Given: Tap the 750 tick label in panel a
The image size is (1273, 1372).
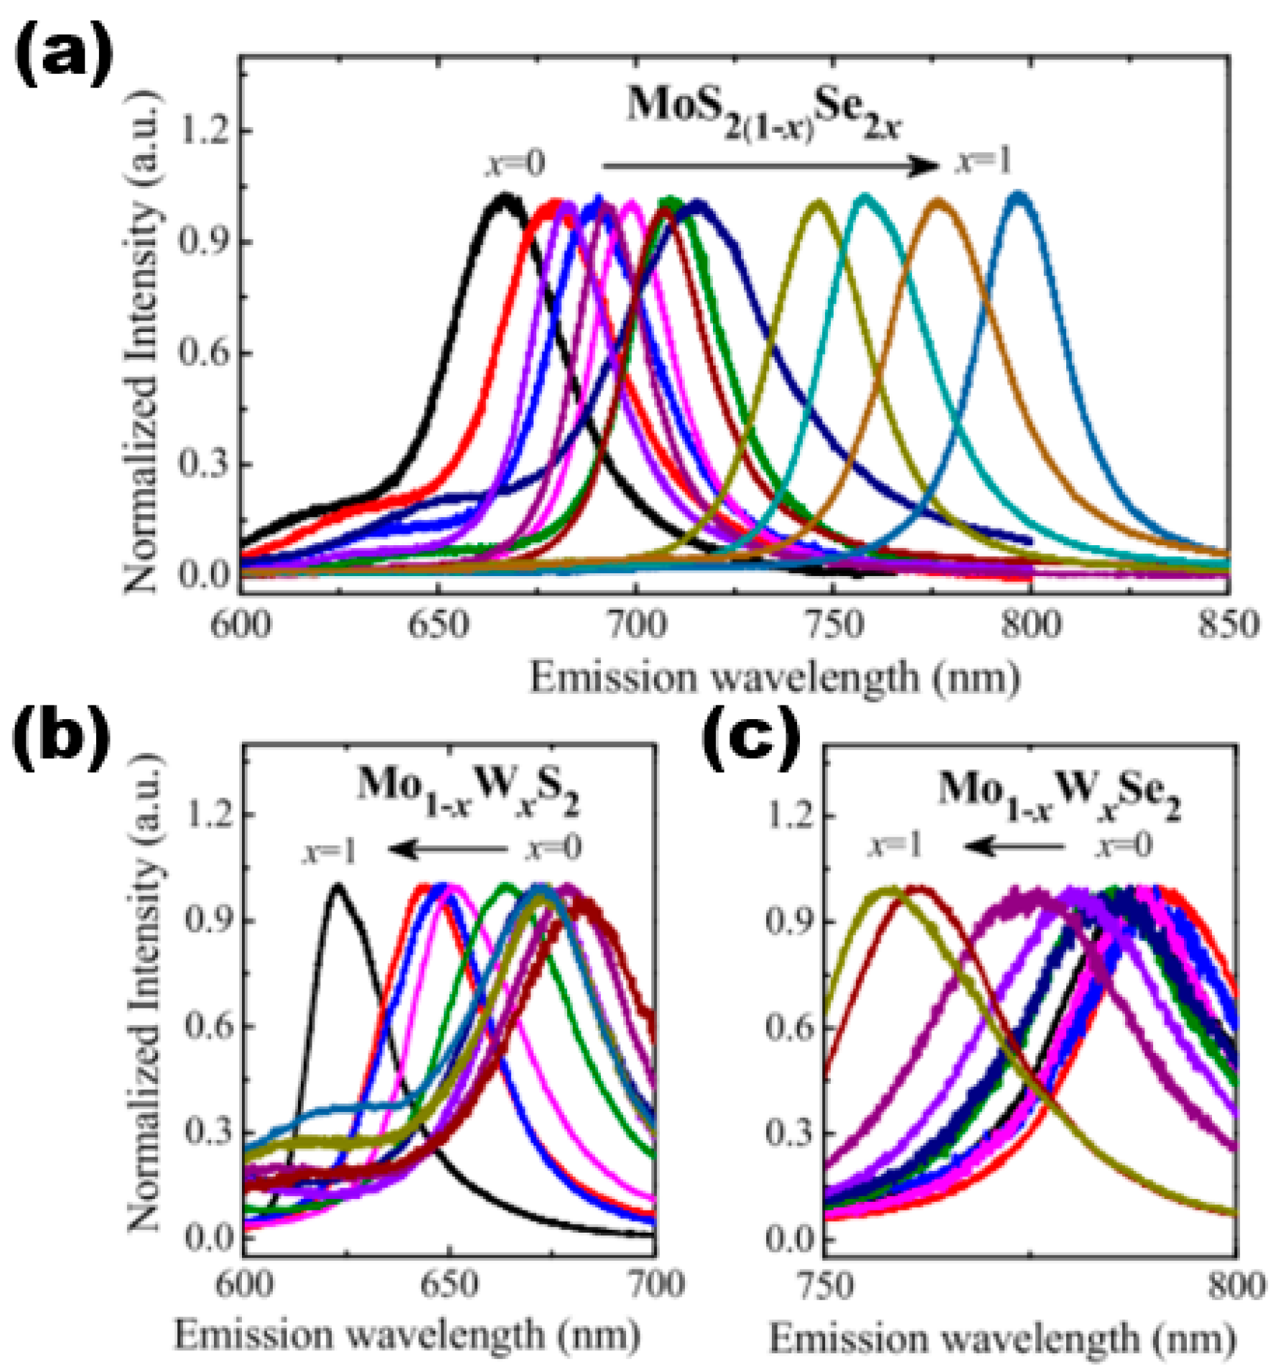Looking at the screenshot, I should (833, 625).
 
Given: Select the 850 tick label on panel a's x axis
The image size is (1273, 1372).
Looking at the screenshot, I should (1228, 625).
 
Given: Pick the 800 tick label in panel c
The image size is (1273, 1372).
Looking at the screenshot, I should (1235, 1285).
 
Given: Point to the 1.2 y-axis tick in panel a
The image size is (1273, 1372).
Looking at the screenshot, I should (205, 131).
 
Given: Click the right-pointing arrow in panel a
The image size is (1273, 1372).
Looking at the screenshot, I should (768, 167).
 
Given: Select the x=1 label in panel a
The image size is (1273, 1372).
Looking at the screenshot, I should (983, 162).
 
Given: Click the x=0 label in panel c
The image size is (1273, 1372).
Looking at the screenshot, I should (1124, 846).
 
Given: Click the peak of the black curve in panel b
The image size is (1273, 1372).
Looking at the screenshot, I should (337, 885).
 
